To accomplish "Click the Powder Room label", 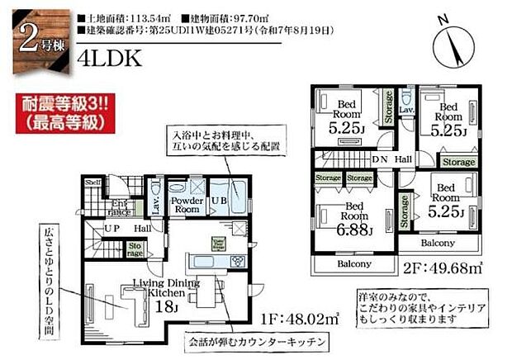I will tap(186, 205).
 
